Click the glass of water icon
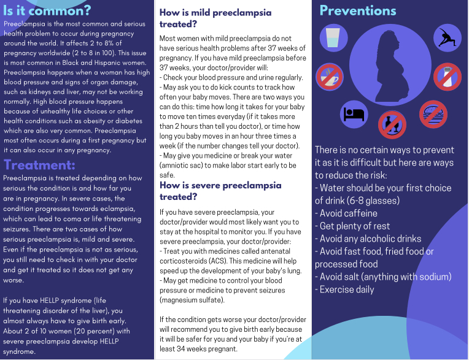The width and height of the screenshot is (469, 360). coord(332,37)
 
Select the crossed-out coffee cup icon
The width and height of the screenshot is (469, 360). coord(328,77)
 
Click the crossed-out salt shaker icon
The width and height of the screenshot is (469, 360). coord(447,77)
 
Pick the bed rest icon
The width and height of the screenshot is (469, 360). coord(354,114)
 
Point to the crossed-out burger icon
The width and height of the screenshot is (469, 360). coord(433,114)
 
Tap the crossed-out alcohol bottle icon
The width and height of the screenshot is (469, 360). coord(391,124)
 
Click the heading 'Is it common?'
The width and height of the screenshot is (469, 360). coord(47,10)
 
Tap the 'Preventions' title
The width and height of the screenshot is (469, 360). coord(358,10)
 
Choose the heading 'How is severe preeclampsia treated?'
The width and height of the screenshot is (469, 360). coord(220,191)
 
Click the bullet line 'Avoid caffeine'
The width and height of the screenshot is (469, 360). coord(347,213)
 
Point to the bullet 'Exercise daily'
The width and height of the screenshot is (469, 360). coord(347,289)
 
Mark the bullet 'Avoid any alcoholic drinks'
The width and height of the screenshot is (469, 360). coord(370,239)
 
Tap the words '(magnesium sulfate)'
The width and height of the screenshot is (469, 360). coord(192,300)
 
